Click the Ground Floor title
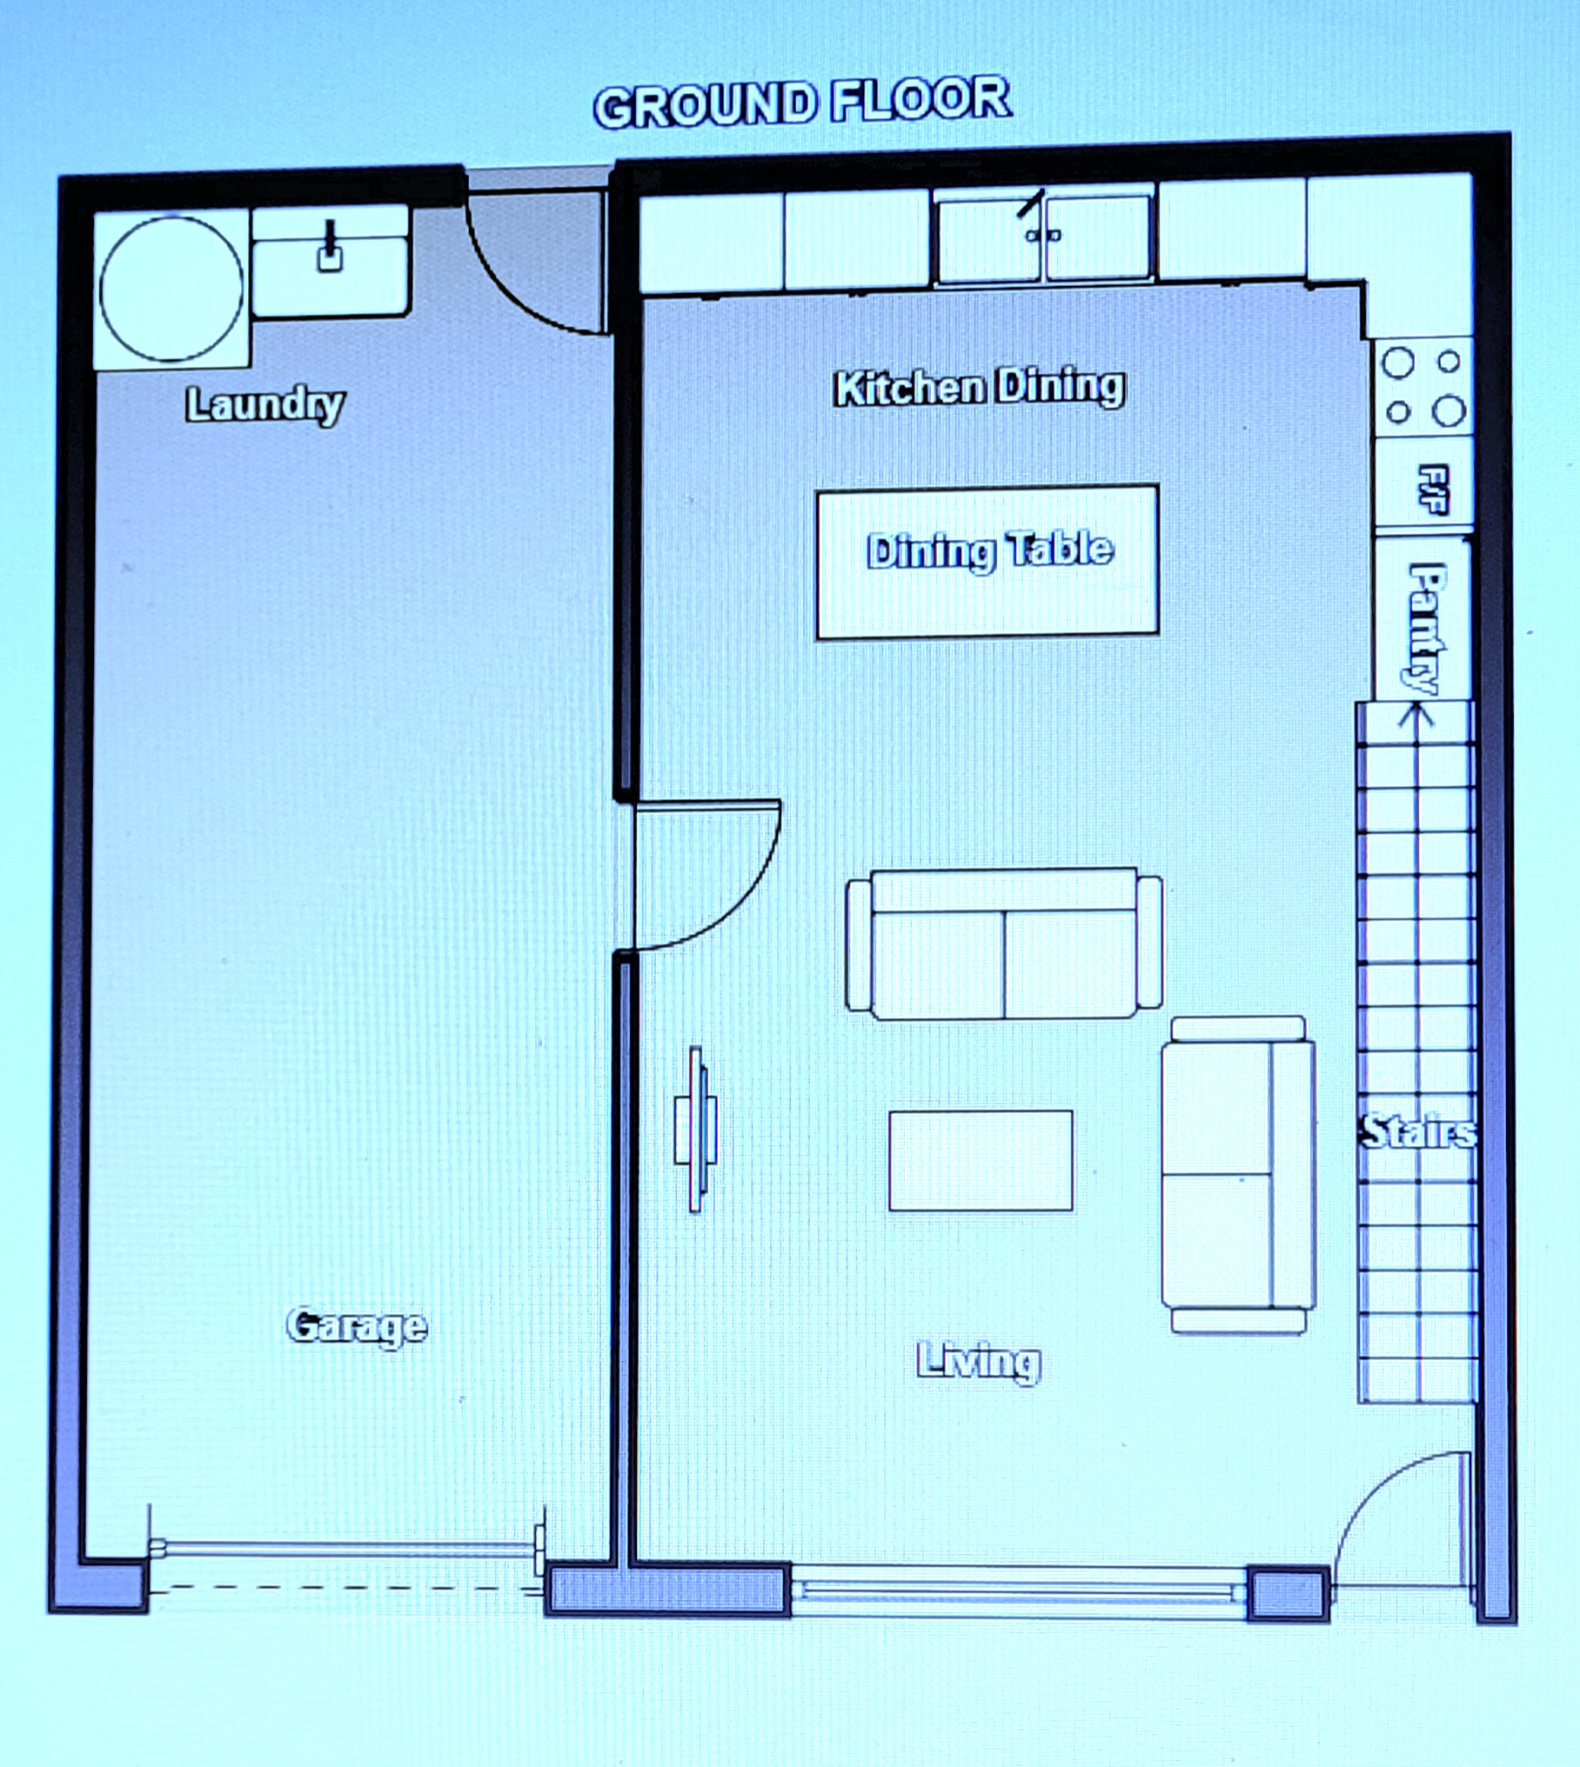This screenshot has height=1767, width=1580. (x=801, y=103)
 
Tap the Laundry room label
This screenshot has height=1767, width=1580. (x=264, y=405)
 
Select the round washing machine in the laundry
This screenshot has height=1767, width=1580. (x=171, y=289)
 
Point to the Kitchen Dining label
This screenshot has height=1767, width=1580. (x=979, y=388)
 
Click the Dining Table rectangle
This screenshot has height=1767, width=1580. (x=987, y=562)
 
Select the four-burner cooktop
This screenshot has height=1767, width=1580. (x=1423, y=387)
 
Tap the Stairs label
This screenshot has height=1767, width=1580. (x=1418, y=1131)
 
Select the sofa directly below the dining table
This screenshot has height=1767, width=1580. (x=1004, y=944)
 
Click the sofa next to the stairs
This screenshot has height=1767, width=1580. (x=1238, y=1174)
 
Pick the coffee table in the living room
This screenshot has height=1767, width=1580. (x=981, y=1160)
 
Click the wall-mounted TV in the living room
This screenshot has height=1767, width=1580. (x=696, y=1129)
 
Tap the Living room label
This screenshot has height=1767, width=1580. (x=979, y=1361)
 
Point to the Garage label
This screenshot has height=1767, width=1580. (x=357, y=1326)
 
